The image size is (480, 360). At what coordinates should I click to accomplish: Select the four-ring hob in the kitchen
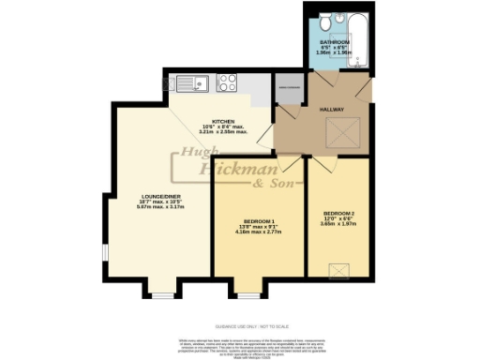click(228, 83)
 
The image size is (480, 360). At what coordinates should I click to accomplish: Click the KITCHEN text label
click(222, 122)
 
